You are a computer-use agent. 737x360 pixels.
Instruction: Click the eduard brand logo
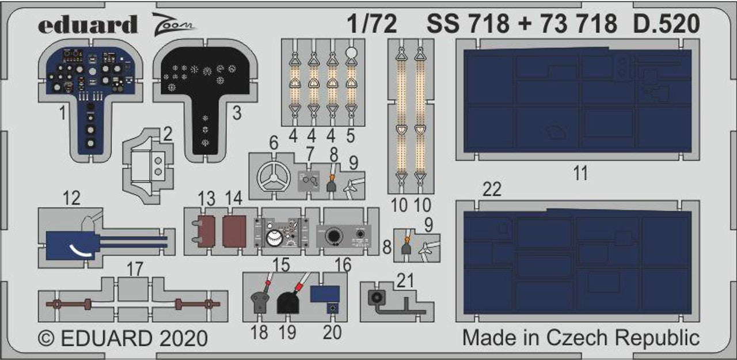[x=88, y=24]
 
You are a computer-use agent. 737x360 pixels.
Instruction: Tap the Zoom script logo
[x=174, y=24]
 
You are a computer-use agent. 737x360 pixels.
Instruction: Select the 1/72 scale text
[x=372, y=24]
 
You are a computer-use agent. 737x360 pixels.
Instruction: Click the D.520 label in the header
[x=666, y=24]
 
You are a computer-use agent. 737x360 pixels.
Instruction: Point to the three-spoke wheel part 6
[x=273, y=176]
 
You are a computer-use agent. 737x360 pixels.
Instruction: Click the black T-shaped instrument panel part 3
[x=206, y=98]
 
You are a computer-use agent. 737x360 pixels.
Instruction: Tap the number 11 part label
[x=580, y=173]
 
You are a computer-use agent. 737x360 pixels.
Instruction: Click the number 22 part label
[x=492, y=189]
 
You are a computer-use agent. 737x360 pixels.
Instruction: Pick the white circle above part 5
[x=351, y=53]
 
